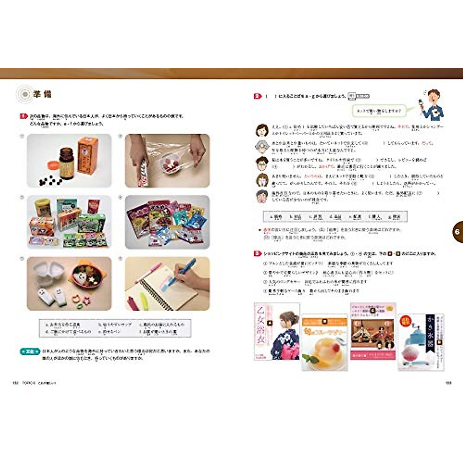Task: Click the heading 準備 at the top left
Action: [42, 94]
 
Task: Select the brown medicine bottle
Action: [66, 164]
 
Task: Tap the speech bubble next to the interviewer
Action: [379, 111]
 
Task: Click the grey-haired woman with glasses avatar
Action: [262, 147]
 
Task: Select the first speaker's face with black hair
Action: [262, 130]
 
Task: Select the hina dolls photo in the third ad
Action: [373, 334]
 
